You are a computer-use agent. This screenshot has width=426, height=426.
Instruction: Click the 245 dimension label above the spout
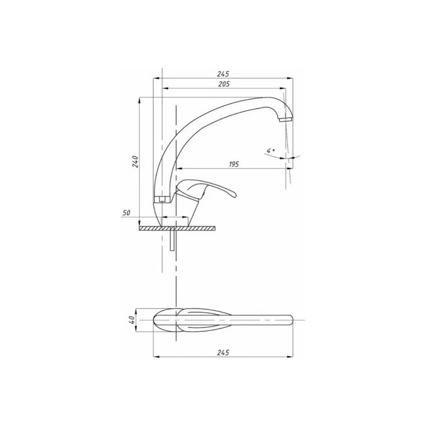pyautogui.click(x=223, y=74)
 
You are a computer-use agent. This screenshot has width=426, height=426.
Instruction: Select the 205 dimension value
pyautogui.click(x=224, y=84)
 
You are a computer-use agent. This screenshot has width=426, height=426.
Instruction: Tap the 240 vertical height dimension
pyautogui.click(x=135, y=161)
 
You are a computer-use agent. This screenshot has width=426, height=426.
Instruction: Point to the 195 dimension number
pyautogui.click(x=233, y=164)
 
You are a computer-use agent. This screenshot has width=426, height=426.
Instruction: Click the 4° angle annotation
pyautogui.click(x=271, y=150)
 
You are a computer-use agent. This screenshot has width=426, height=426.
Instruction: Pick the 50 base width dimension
pyautogui.click(x=126, y=213)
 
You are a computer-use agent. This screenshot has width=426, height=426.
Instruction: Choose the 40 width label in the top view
pyautogui.click(x=132, y=319)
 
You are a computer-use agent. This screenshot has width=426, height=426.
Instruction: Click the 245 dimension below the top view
pyautogui.click(x=223, y=352)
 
